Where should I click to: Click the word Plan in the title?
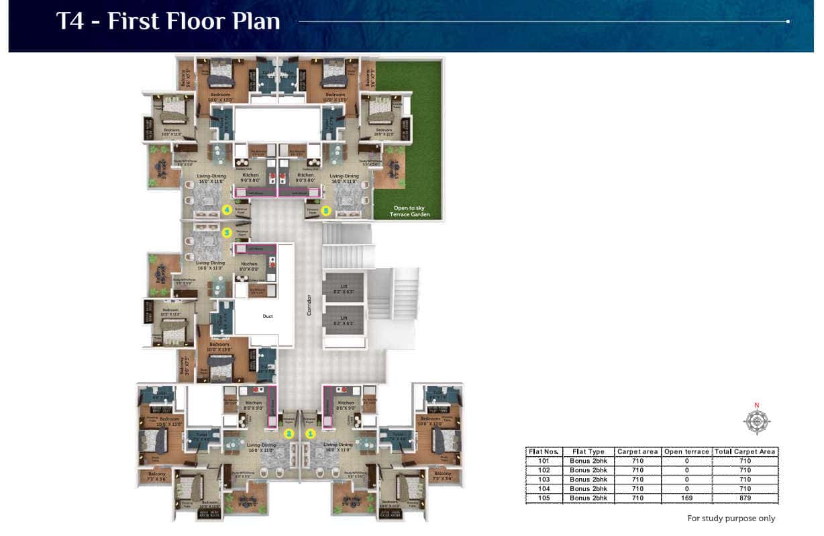click(x=248, y=21)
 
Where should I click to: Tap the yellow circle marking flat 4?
click(x=227, y=210)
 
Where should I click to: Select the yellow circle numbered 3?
click(x=227, y=232)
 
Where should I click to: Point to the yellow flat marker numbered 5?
click(x=326, y=210)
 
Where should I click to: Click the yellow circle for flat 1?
click(x=311, y=434)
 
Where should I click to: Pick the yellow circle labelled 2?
click(x=289, y=434)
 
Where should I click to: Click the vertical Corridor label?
click(x=309, y=304)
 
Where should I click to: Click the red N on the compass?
click(x=757, y=405)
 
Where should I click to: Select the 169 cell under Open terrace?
click(x=686, y=498)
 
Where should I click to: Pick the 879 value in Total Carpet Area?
click(x=745, y=498)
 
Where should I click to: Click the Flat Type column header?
click(x=588, y=451)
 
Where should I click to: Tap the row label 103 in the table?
click(x=544, y=480)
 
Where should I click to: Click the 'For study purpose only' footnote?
click(x=731, y=518)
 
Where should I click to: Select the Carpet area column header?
click(x=637, y=451)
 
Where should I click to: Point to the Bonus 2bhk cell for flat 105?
click(x=588, y=498)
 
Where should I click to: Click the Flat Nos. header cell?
click(x=544, y=451)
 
